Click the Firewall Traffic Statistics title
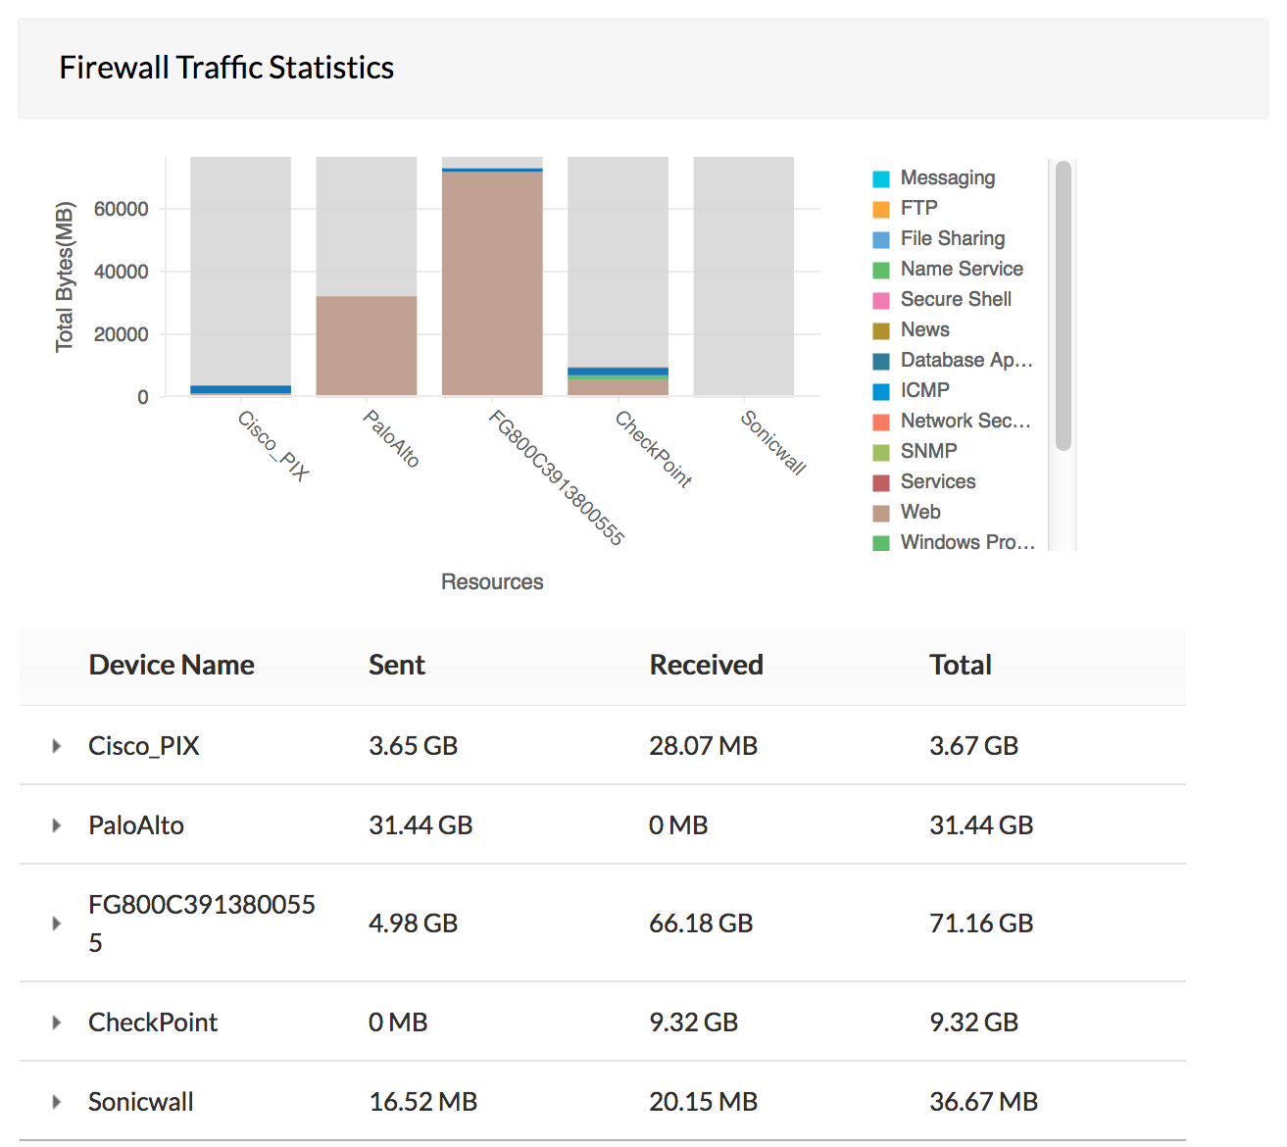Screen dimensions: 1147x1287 coord(226,68)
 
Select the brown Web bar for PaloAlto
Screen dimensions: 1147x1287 coord(366,345)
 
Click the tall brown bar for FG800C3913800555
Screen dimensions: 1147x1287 coord(491,284)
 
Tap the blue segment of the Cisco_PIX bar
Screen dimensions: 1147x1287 coord(240,389)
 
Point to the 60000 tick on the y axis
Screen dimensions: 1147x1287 coord(121,209)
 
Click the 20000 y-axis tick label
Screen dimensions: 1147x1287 coord(121,334)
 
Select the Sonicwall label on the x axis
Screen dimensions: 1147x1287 coord(773,443)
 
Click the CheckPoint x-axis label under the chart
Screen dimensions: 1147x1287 coord(653,449)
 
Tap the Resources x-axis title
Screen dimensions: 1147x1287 coord(491,582)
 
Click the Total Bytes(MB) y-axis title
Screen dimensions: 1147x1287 coord(65,276)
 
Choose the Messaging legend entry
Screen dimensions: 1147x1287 coord(947,177)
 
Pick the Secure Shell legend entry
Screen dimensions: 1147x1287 coord(956,299)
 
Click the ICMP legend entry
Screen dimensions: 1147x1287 coord(924,390)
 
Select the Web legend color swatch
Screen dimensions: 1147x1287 coord(881,513)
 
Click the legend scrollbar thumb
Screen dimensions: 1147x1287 coord(1064,306)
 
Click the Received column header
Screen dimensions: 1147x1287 coord(706,665)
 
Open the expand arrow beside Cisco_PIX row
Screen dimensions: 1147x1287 coord(57,746)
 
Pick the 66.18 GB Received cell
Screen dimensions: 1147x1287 coord(701,923)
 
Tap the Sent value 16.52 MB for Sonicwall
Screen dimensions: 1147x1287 coord(422,1102)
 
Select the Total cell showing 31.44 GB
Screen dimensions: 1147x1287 coord(981,825)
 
